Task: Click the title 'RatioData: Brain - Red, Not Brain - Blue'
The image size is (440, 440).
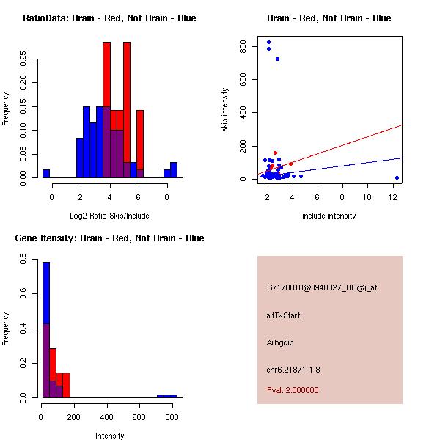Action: coord(109,18)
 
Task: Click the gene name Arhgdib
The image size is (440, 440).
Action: coord(281,342)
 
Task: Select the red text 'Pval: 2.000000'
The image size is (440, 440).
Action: coord(293,390)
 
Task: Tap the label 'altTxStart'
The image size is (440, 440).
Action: coord(283,315)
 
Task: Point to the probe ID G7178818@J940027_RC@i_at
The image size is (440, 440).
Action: coord(322,287)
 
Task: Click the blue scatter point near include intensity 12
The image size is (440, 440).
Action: coord(397,177)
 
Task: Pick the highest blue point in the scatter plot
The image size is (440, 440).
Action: coord(268,43)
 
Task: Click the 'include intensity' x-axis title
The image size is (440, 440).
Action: coord(329,216)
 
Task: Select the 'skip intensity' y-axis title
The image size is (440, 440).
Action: coord(226,110)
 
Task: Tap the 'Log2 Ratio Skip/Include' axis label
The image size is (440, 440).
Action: coord(109,216)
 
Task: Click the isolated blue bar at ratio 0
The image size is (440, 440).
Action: coord(46,174)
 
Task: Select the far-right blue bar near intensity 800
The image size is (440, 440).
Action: coord(167,396)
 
